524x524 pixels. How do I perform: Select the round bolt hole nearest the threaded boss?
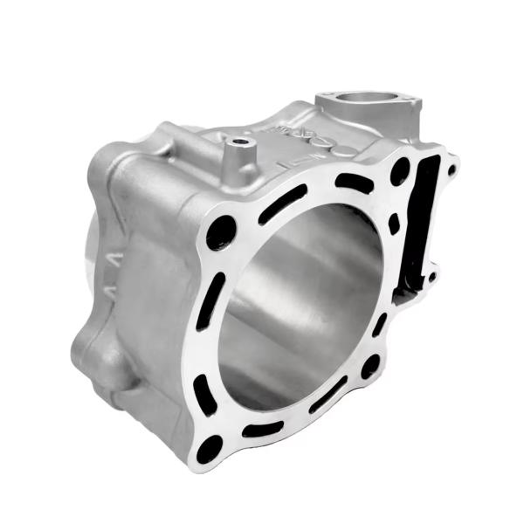point(221,231)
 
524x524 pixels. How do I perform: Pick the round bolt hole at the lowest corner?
point(210,450)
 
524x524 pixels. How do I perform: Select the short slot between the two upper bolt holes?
point(355,183)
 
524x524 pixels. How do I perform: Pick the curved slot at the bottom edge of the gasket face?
point(262,429)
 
